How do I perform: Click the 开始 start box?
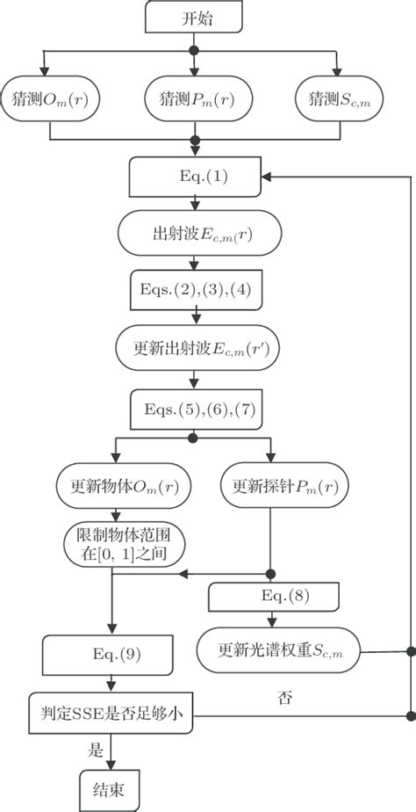[x=195, y=18]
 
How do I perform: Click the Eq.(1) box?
[x=195, y=177]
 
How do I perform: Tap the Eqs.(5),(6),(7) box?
[x=195, y=410]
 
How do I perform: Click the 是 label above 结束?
[x=94, y=749]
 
